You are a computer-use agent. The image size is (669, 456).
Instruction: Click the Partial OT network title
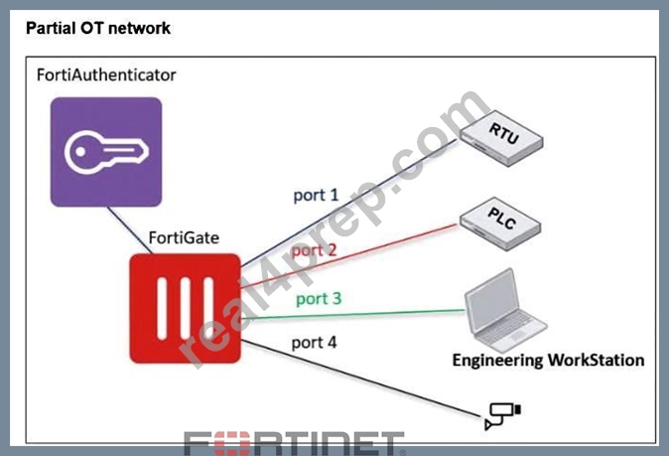[98, 28]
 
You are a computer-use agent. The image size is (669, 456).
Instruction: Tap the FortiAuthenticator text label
[106, 76]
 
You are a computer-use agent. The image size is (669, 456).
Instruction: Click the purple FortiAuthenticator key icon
[106, 152]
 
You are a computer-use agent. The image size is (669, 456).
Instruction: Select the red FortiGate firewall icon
[186, 308]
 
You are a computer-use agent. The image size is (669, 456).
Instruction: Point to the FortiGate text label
[184, 237]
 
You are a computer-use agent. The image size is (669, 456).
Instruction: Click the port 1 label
[316, 196]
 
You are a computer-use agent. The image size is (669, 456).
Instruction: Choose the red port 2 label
[314, 250]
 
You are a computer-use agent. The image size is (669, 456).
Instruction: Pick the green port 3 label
[319, 299]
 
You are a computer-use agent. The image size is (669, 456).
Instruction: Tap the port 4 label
[314, 343]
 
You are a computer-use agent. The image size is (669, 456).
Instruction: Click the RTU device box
[502, 138]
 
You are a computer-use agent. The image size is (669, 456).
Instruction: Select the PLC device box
[500, 224]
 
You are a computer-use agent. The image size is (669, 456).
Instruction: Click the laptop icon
[505, 310]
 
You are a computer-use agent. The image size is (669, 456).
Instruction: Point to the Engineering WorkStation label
[548, 361]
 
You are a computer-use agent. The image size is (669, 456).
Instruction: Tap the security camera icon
[502, 415]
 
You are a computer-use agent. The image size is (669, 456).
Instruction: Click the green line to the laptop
[352, 315]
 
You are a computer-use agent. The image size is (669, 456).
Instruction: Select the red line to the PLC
[348, 255]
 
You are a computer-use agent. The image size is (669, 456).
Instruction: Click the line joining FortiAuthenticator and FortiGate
[130, 230]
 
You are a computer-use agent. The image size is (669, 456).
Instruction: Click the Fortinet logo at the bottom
[294, 443]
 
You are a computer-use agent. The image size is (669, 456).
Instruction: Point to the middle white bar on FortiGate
[186, 308]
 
